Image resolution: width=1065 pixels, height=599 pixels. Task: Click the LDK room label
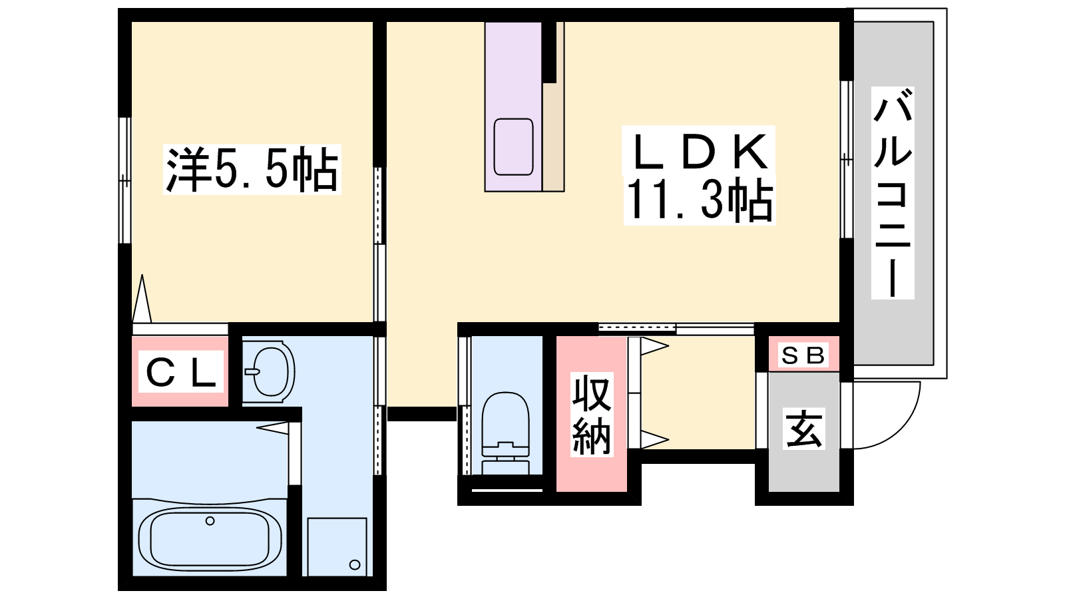coord(699,151)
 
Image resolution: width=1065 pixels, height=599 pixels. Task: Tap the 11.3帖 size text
coord(699,200)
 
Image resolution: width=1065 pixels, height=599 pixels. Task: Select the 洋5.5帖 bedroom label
coord(252,169)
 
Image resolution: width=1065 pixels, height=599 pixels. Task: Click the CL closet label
coord(180,372)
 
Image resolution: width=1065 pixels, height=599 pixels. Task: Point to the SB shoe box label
coord(803,355)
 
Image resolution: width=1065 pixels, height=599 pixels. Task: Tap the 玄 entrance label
coord(803,429)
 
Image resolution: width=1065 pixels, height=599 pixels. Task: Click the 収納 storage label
coord(592,415)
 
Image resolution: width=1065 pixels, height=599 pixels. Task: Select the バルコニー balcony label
coord(893,192)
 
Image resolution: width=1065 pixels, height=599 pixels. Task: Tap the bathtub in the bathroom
coord(210,537)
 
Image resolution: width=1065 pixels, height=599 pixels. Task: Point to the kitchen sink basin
coord(513,146)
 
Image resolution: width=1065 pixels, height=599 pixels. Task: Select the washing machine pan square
coord(337,546)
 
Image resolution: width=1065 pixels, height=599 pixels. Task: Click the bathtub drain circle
coord(210,521)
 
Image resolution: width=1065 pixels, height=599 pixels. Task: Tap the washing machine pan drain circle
coord(355,565)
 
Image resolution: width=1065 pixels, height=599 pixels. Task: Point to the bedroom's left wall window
coord(124,180)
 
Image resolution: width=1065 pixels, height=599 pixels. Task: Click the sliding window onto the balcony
coord(846,159)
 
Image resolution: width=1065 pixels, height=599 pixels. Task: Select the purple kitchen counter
coord(513,106)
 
